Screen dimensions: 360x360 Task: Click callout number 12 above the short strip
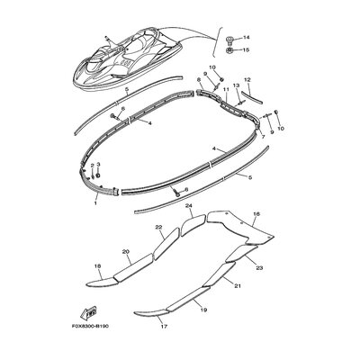point(247,80)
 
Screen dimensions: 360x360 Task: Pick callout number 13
point(238,85)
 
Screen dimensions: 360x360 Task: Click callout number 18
point(97,267)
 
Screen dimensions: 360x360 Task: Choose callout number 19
point(204,309)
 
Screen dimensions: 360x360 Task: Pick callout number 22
point(157,227)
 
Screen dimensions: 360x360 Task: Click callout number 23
point(260,267)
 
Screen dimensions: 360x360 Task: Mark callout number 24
point(188,206)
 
